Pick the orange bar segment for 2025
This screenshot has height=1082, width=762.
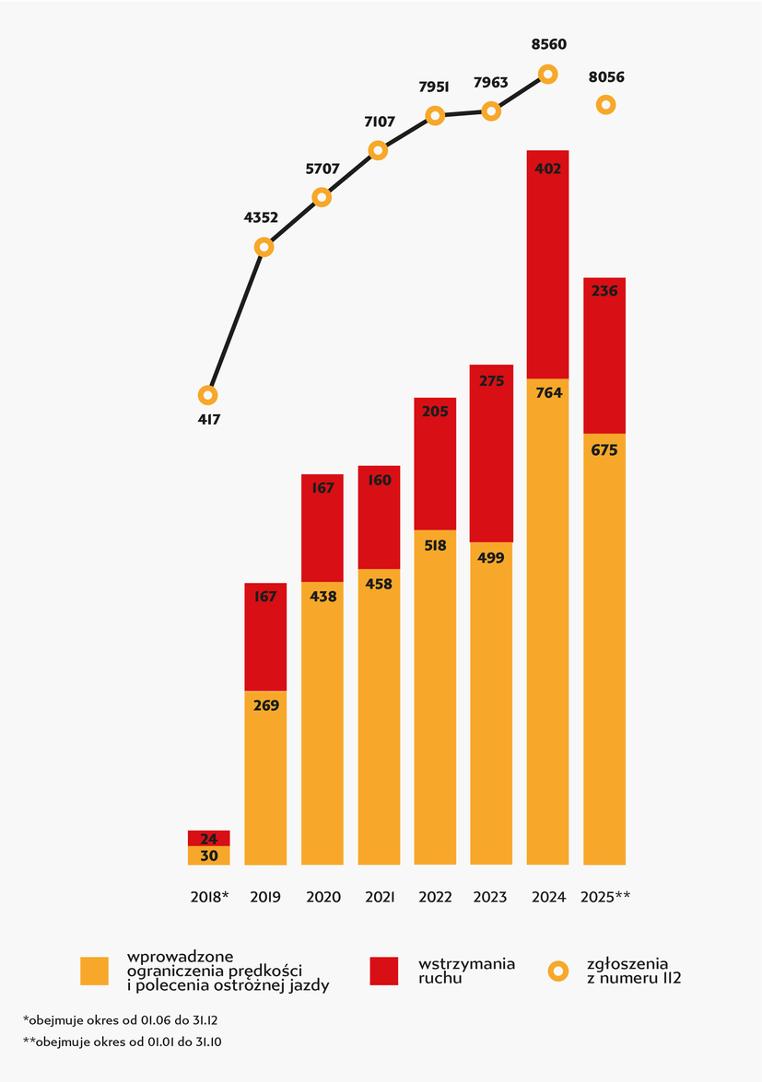click(604, 649)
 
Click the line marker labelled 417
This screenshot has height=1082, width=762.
click(208, 395)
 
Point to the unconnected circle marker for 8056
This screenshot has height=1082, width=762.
click(605, 105)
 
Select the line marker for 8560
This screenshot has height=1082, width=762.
click(547, 74)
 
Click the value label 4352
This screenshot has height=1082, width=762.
click(263, 218)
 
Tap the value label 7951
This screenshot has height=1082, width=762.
click(434, 87)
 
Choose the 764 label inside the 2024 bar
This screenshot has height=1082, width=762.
click(548, 393)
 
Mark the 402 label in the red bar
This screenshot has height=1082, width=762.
click(548, 169)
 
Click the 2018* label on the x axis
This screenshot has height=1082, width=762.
click(209, 897)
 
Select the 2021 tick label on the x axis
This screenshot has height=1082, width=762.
click(379, 897)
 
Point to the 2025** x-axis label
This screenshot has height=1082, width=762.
click(605, 897)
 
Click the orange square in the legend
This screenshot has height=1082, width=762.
click(95, 971)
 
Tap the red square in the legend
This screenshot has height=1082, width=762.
click(384, 971)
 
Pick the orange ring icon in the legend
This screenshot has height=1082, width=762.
click(559, 971)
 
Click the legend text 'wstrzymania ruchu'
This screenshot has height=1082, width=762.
click(466, 971)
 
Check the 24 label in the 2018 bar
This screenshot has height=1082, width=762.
click(209, 839)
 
